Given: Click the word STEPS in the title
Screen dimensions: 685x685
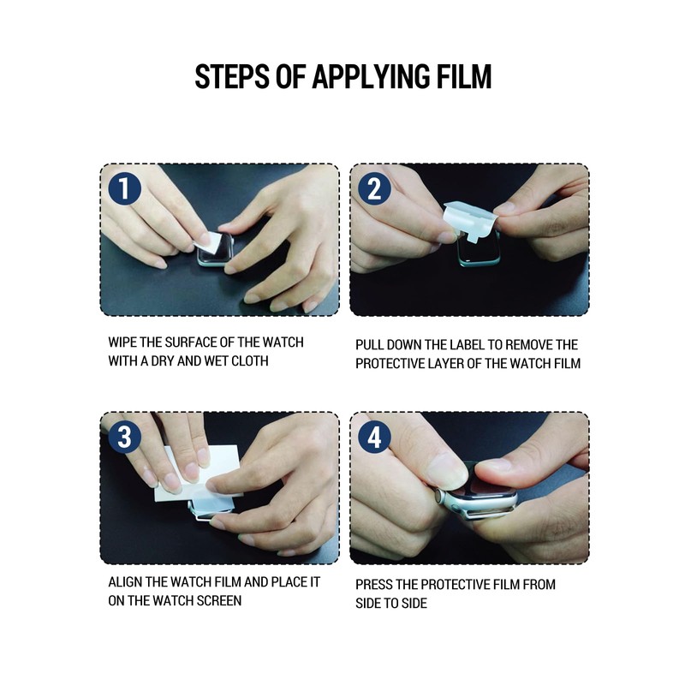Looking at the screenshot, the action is pyautogui.click(x=232, y=77).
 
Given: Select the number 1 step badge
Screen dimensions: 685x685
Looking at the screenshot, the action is pyautogui.click(x=125, y=188).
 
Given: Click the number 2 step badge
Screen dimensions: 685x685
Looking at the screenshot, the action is pyautogui.click(x=375, y=188).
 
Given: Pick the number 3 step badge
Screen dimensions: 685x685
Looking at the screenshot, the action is pyautogui.click(x=125, y=436).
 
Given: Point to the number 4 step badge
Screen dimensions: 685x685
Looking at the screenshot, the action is pyautogui.click(x=375, y=436).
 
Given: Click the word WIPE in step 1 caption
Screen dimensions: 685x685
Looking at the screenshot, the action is pyautogui.click(x=122, y=342).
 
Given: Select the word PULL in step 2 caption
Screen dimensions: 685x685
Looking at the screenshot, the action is pyautogui.click(x=369, y=345).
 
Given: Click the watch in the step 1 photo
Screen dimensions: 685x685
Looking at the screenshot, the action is pyautogui.click(x=215, y=250).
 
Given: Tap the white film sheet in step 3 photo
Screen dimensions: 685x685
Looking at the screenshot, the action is pyautogui.click(x=199, y=476).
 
